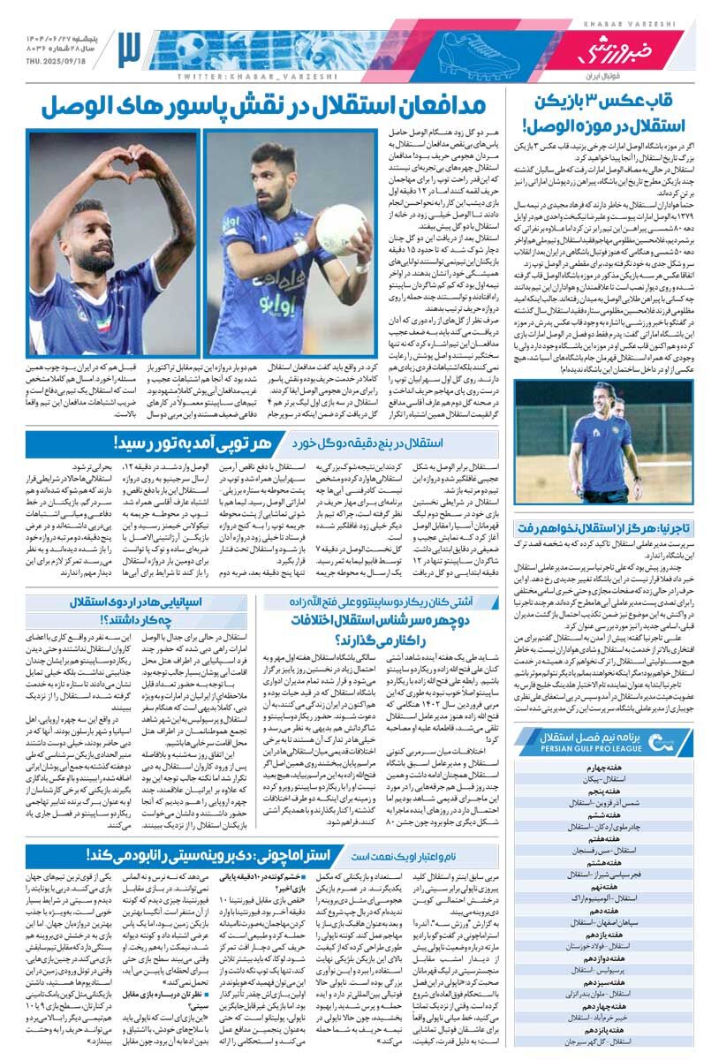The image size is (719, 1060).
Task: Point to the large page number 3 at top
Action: click(129, 49)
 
